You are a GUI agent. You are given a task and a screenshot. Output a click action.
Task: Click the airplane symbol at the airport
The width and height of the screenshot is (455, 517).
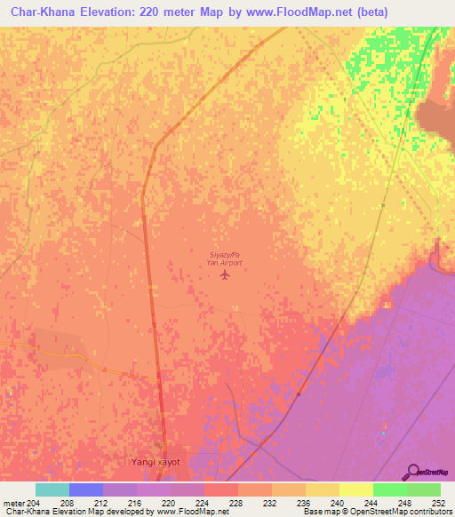tap(224, 274)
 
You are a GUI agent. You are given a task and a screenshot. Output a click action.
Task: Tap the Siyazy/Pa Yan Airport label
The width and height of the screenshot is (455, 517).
tap(224, 258)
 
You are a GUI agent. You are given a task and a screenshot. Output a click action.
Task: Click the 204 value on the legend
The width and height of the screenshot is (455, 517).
tap(35, 502)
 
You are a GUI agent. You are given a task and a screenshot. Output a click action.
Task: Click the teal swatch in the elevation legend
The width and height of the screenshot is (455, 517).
tap(52, 489)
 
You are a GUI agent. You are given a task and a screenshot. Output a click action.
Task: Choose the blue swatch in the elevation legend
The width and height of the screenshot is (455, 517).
tap(85, 489)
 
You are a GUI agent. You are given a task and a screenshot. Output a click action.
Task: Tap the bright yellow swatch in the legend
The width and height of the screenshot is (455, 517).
tap(355, 489)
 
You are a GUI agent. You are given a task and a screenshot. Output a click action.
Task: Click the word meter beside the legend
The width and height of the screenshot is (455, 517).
tap(14, 502)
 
